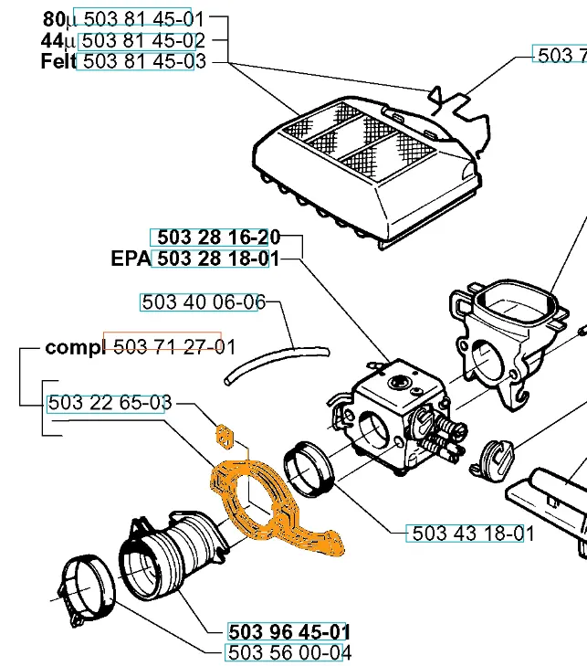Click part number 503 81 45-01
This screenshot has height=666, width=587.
pos(142,18)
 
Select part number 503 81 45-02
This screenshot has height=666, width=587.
pos(142,40)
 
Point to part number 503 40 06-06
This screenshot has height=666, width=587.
pos(203,302)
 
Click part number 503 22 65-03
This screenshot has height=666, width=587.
pos(110,403)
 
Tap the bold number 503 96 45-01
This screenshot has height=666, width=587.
pos(288,631)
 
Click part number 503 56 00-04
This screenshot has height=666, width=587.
pos(288,652)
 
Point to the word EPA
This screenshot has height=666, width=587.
pos(131,259)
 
